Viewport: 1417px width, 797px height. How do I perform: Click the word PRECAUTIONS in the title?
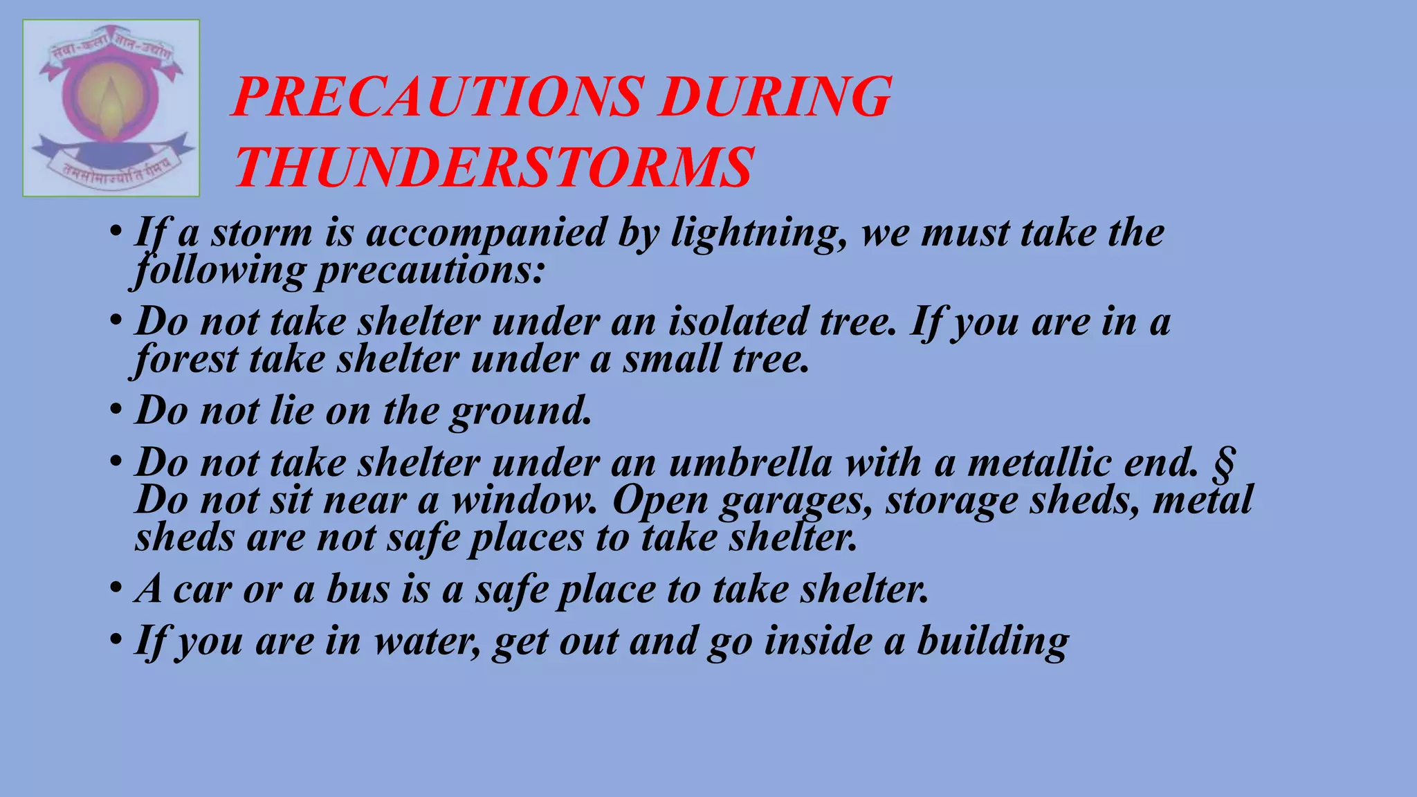click(438, 97)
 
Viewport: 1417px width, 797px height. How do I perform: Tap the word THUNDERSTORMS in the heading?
click(494, 167)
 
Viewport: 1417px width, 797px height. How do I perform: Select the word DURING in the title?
click(774, 97)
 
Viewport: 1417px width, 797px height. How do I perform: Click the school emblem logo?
click(111, 108)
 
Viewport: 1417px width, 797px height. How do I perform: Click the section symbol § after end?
click(1224, 464)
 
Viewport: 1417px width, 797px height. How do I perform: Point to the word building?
click(993, 641)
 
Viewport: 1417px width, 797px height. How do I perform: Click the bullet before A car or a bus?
click(116, 588)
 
